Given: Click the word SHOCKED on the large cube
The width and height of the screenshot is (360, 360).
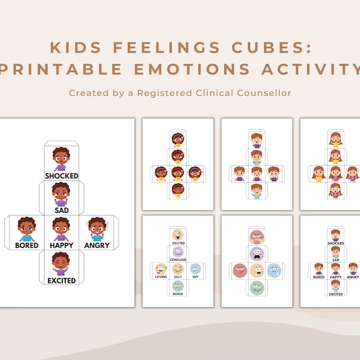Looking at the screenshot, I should pos(62,176).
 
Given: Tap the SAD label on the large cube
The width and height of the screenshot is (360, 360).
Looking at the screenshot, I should pos(62,210).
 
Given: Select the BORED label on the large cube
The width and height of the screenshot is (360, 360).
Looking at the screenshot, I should pos(27,245).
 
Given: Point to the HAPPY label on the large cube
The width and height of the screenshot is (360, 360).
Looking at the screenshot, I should pos(62,245).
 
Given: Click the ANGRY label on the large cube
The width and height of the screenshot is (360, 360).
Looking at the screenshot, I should pos(97,245).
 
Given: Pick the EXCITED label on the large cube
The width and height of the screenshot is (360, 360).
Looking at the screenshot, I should pos(62,280).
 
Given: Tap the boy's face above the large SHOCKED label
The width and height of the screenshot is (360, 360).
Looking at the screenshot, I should pos(61,158).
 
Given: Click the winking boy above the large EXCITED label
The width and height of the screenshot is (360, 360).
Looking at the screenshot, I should pos(61,263).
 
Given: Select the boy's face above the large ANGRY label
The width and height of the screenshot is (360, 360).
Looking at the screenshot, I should pos(96,227).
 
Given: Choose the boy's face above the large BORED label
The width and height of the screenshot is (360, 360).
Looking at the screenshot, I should pos(26,227).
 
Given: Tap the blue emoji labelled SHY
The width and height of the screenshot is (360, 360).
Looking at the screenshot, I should pos(194,269).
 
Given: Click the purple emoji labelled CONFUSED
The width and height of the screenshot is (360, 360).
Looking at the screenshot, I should pos(178,251).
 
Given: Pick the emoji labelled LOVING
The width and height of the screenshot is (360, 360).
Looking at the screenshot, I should pos(160,269).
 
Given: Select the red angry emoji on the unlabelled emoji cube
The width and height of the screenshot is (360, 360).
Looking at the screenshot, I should pos(239,271).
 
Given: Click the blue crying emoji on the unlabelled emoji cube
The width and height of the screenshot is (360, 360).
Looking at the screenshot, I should pos(274,271).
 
